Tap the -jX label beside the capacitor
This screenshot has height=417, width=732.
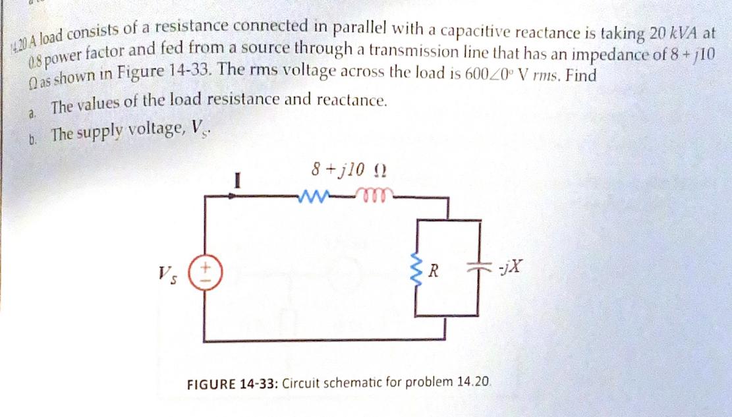[511, 268]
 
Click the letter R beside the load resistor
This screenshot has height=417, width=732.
[433, 270]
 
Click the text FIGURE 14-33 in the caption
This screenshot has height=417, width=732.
[233, 383]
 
